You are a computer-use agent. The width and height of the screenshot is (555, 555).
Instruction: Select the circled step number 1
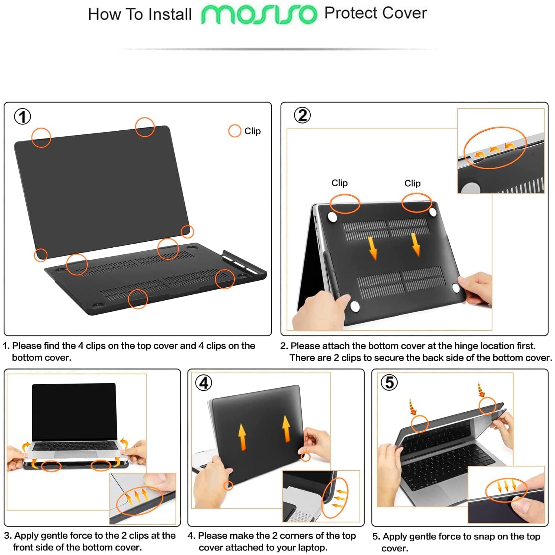coord(23,117)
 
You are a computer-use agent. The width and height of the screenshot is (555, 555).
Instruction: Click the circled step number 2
coord(302,116)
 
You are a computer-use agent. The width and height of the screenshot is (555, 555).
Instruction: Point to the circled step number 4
coord(204,383)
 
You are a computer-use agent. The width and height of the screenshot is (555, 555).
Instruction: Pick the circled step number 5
coord(389,382)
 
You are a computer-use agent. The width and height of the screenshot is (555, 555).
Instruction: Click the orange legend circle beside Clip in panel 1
coord(235,131)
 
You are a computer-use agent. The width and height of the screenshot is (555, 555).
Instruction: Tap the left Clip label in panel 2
coord(339,183)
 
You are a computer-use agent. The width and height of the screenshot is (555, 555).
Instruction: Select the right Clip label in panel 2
coord(412,183)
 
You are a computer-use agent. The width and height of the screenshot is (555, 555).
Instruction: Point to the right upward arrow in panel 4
coord(286,429)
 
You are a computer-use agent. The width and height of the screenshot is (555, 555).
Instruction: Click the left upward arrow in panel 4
coord(242,437)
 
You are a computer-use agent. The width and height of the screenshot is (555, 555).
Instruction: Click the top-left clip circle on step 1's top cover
coord(41,138)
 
